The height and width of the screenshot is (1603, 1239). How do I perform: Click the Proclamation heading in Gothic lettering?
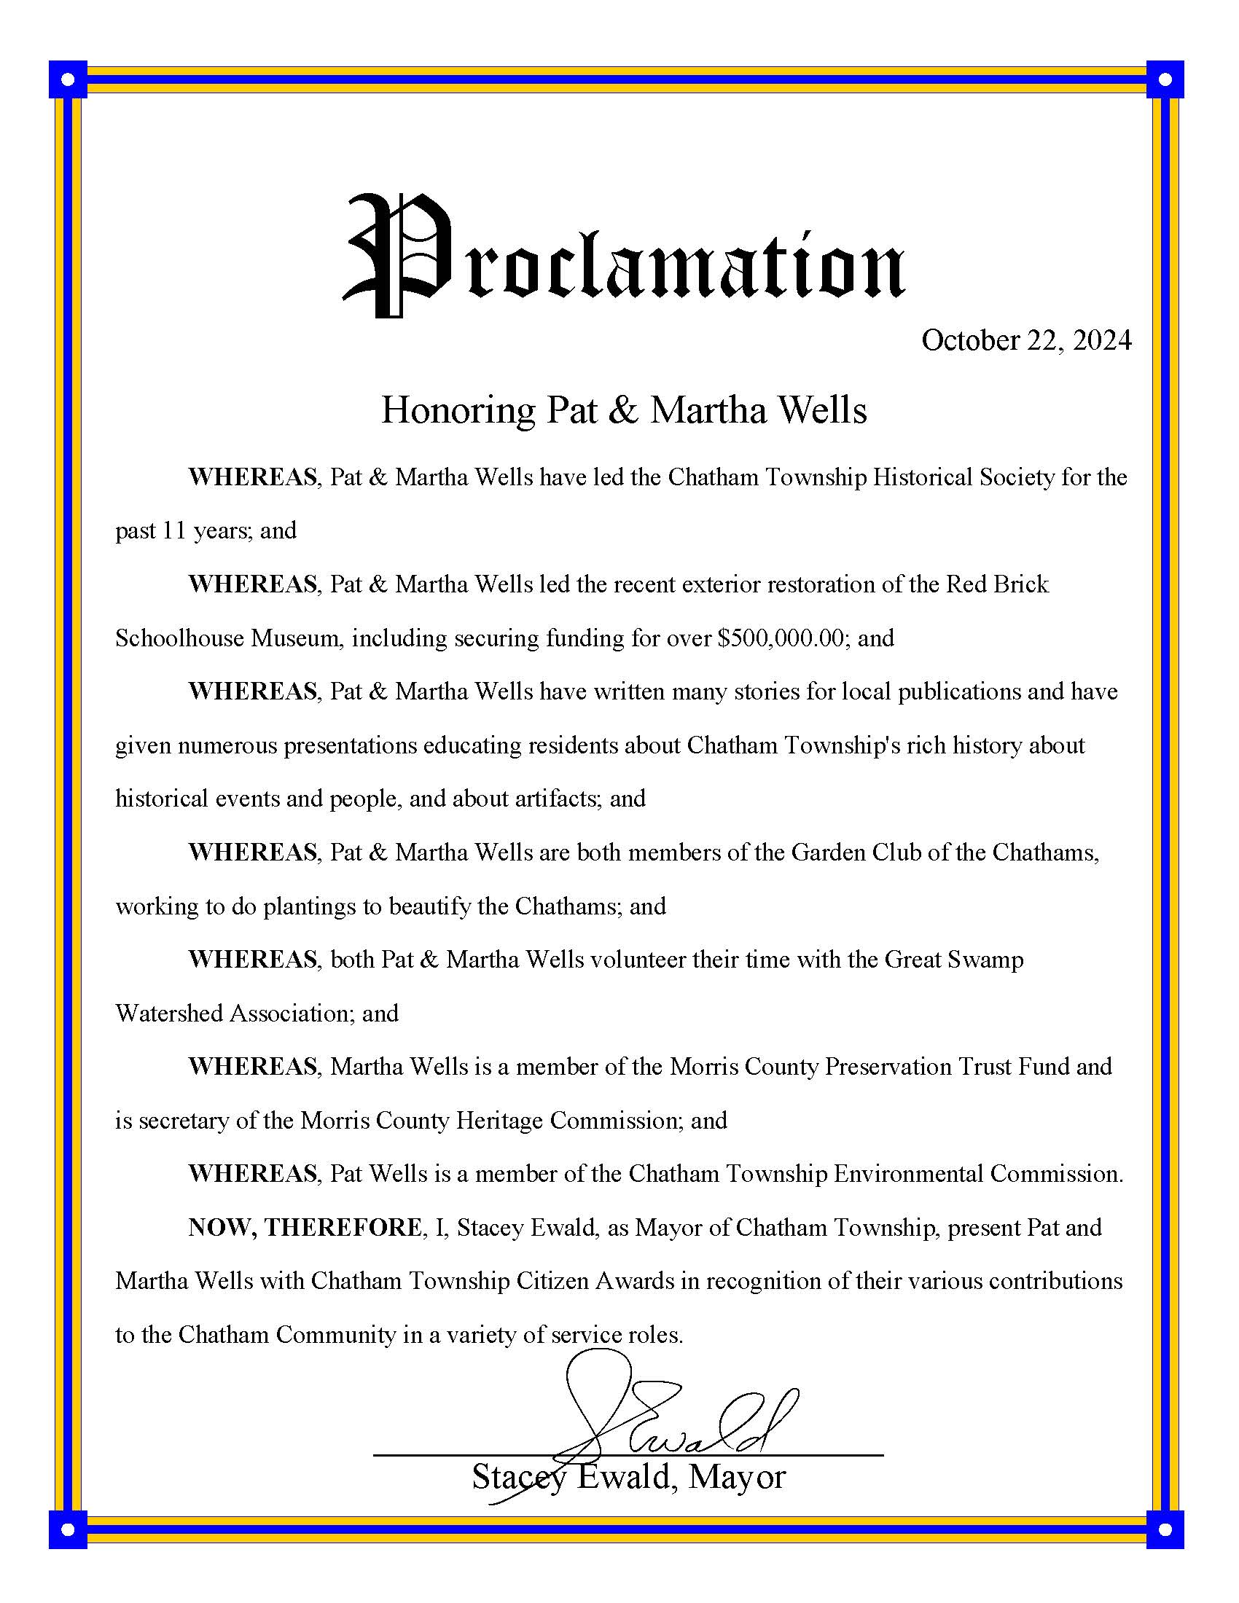(624, 257)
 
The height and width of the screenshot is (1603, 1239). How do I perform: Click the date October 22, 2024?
(1026, 340)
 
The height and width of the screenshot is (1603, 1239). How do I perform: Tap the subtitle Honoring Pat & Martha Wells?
(624, 409)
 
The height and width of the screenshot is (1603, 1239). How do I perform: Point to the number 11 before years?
(173, 530)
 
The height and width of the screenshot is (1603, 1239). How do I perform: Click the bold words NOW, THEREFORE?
(305, 1227)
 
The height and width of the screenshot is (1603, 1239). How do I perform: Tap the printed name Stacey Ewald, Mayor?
(628, 1477)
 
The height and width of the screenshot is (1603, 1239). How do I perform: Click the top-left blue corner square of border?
(69, 79)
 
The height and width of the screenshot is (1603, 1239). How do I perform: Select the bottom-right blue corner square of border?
(1165, 1529)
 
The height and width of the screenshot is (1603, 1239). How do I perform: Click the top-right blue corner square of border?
(1165, 79)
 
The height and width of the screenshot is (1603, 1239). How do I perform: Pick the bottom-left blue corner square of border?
(69, 1529)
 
